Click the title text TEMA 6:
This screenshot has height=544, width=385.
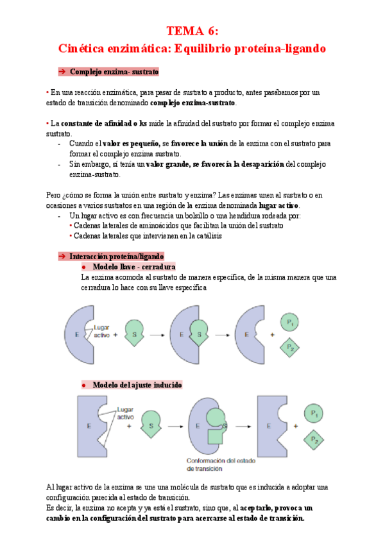(193, 30)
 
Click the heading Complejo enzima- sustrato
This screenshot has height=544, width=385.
(114, 72)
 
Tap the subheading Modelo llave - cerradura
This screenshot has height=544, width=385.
(134, 266)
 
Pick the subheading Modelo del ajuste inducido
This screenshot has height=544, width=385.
(137, 385)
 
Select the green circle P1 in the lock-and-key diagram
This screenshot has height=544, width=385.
(291, 322)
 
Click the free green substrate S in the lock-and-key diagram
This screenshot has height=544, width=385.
(133, 334)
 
